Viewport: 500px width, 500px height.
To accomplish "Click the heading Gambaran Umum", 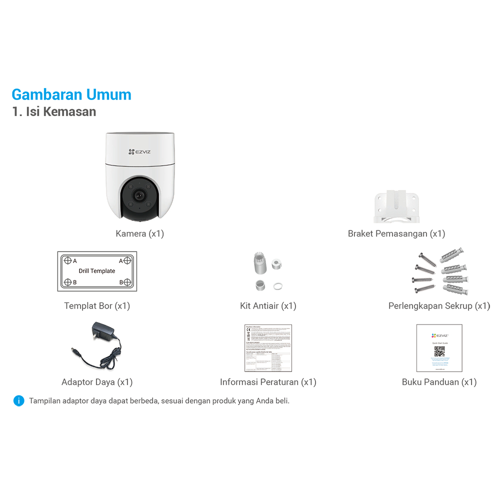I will click(71, 94).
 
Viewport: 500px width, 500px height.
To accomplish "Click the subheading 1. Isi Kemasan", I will click(54, 111).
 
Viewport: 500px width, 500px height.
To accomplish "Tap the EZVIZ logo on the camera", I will click(140, 151).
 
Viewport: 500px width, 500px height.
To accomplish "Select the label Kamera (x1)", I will click(139, 233).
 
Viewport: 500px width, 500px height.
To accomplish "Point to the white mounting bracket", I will click(397, 205).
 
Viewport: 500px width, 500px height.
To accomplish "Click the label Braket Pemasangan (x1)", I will click(396, 233).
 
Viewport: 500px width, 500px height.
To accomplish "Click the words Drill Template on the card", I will click(97, 271).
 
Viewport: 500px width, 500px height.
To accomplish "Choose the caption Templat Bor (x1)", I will click(97, 305).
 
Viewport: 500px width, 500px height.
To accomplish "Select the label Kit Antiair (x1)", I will click(268, 305).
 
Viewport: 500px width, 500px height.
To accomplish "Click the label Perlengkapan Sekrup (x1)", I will click(439, 305).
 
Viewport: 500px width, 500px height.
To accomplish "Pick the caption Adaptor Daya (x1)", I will click(97, 382).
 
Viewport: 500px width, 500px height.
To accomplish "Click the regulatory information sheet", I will click(268, 348).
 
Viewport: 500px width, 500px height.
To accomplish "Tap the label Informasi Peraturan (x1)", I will click(268, 382).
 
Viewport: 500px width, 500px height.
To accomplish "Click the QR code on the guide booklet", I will click(439, 351).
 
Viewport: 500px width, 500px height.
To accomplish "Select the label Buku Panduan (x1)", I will click(439, 382).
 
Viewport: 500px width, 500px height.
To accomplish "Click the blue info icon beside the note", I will click(18, 400).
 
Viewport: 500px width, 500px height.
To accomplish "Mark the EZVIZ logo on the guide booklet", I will click(439, 335).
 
